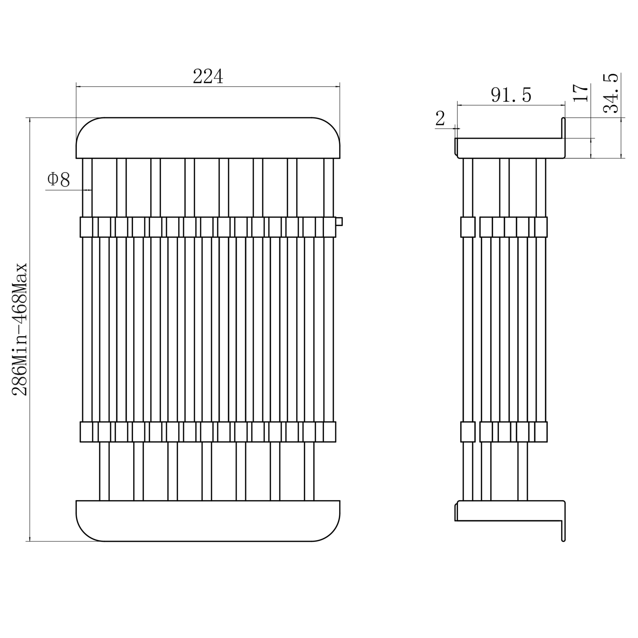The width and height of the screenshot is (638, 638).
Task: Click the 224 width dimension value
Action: [208, 77]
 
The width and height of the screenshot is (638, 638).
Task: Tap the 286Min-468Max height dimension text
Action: [20, 329]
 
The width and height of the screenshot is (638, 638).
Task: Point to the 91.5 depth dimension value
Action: [511, 95]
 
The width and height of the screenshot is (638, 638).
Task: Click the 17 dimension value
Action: [581, 93]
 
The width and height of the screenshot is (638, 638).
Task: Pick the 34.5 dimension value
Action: [611, 93]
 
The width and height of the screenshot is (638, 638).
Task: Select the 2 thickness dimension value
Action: [440, 118]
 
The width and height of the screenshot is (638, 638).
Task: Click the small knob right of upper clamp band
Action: [339, 221]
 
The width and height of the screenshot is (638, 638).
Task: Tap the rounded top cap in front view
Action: [208, 138]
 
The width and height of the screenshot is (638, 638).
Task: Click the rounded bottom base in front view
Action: [208, 521]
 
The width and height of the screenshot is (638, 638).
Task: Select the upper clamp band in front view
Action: [208, 227]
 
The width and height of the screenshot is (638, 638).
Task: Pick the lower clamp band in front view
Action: [208, 432]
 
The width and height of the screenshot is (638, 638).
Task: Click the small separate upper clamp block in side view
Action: [468, 227]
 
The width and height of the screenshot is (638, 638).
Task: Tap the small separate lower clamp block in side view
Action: [468, 432]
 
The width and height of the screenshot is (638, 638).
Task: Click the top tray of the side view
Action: [510, 148]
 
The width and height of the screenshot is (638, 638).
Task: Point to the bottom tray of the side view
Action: [510, 511]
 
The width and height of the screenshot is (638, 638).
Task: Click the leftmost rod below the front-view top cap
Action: [87, 188]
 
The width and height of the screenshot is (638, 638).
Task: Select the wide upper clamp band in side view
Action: [513, 227]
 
